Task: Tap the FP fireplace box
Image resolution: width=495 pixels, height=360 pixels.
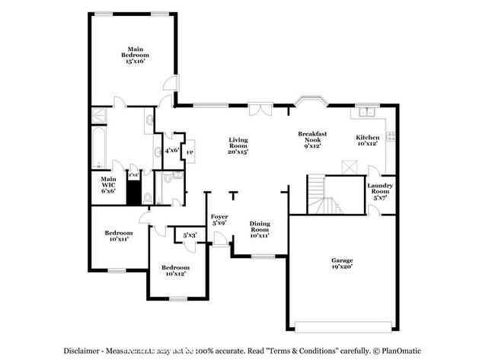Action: pyautogui.click(x=189, y=151)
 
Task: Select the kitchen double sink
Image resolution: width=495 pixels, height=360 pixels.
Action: pyautogui.click(x=368, y=112)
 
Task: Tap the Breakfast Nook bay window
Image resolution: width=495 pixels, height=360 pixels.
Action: pyautogui.click(x=312, y=100)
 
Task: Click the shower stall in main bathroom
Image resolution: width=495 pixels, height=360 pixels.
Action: pyautogui.click(x=98, y=116)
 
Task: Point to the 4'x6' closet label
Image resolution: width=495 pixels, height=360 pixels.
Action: pyautogui.click(x=172, y=151)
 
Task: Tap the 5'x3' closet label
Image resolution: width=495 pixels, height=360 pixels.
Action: pyautogui.click(x=190, y=235)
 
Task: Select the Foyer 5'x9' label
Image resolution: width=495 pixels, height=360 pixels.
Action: pyautogui.click(x=219, y=221)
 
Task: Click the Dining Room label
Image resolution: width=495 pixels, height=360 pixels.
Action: pyautogui.click(x=260, y=230)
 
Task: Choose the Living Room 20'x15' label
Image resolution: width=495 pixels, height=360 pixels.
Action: pyautogui.click(x=239, y=145)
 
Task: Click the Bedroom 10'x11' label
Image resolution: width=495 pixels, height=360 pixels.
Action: pyautogui.click(x=118, y=236)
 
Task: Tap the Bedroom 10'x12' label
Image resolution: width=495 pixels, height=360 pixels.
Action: pyautogui.click(x=175, y=271)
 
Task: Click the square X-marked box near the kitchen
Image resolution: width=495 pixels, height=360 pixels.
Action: pyautogui.click(x=350, y=167)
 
